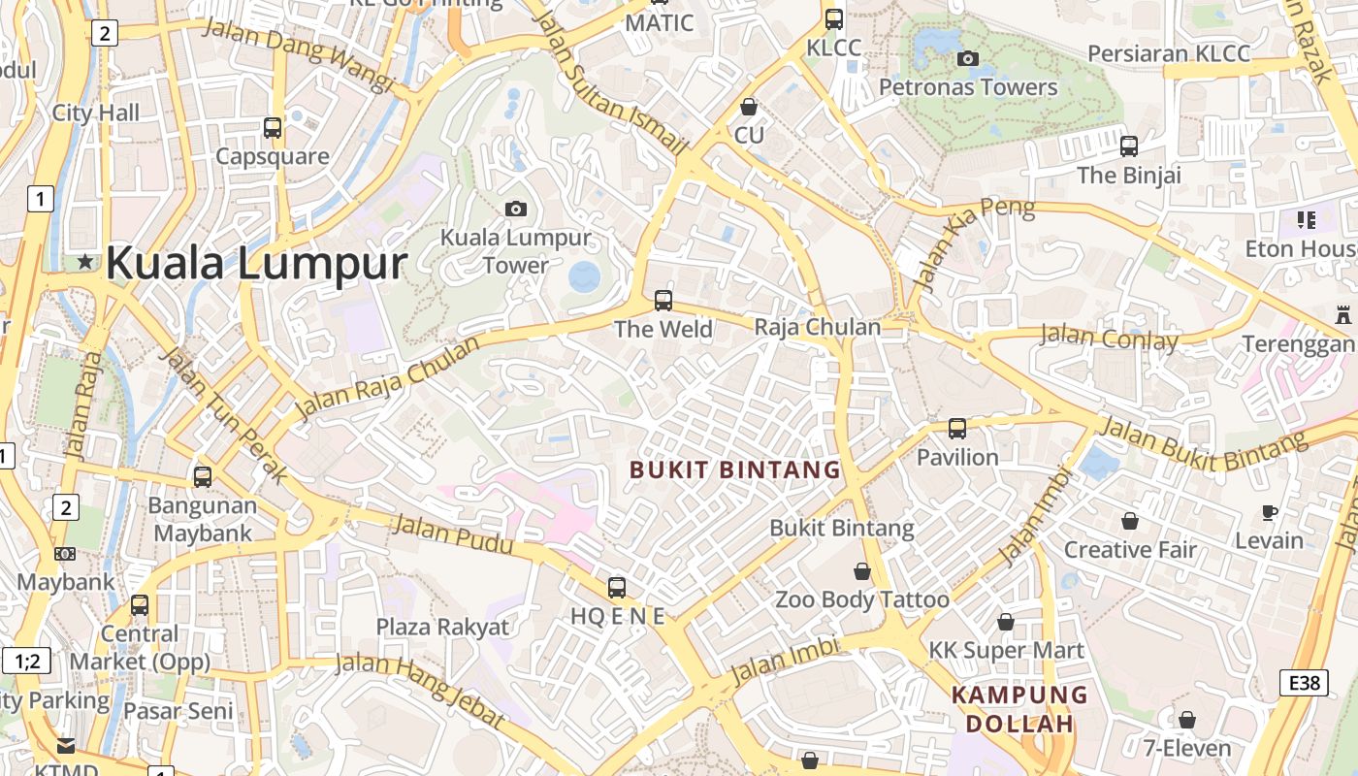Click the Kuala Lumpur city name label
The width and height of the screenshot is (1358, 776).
pos(255,264)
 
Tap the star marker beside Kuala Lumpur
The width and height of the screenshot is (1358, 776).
pos(85,261)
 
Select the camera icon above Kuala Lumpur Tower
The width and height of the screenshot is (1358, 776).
pos(515,209)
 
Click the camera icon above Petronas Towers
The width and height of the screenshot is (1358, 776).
pos(967,58)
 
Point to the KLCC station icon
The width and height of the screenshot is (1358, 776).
pos(833,18)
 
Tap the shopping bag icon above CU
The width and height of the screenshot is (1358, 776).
pos(748,106)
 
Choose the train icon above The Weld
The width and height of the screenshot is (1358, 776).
pos(663,300)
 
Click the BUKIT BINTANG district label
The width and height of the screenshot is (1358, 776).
pos(734,470)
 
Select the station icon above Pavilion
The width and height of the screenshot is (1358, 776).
pos(957,428)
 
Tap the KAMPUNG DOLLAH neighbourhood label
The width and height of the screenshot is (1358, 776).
pos(1019,709)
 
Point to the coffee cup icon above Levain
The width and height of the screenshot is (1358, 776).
pos(1269,512)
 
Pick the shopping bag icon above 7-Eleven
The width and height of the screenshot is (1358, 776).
pos(1187,720)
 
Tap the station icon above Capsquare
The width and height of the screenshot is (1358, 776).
pos(273,127)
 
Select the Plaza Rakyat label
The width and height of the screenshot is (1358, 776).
pos(442,627)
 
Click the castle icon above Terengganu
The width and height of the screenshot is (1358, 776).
pos(1342,314)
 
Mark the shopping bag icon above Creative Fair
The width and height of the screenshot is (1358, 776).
pos(1130,521)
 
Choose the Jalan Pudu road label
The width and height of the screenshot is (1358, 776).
pos(451,535)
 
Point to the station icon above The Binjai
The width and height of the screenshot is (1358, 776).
pos(1129,146)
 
